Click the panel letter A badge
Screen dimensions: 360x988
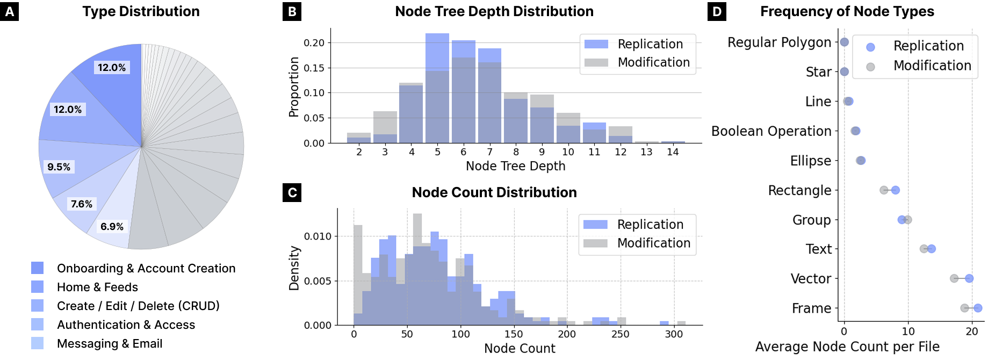pos(10,11)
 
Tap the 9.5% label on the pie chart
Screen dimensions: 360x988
pos(59,167)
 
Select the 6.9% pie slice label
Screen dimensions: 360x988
pos(112,226)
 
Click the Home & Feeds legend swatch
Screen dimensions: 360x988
pos(38,287)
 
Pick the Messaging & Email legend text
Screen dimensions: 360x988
pos(110,343)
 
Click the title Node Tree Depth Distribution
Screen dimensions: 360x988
pos(494,11)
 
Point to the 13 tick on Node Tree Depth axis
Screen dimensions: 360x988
pos(646,152)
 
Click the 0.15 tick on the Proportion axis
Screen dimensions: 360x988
pos(314,68)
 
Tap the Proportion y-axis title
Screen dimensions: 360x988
pos(293,87)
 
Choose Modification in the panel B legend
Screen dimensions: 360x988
pos(653,62)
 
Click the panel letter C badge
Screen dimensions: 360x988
pos(292,192)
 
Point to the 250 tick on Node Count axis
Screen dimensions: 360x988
pos(620,334)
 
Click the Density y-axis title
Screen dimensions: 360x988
pos(294,268)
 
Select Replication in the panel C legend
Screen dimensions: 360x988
pos(650,224)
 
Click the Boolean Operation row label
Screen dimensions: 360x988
pos(771,131)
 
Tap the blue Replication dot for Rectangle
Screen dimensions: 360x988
pos(895,190)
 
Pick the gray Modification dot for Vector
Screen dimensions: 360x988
pos(954,278)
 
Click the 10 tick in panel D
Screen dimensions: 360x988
pos(908,332)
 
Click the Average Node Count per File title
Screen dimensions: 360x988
pos(847,347)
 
